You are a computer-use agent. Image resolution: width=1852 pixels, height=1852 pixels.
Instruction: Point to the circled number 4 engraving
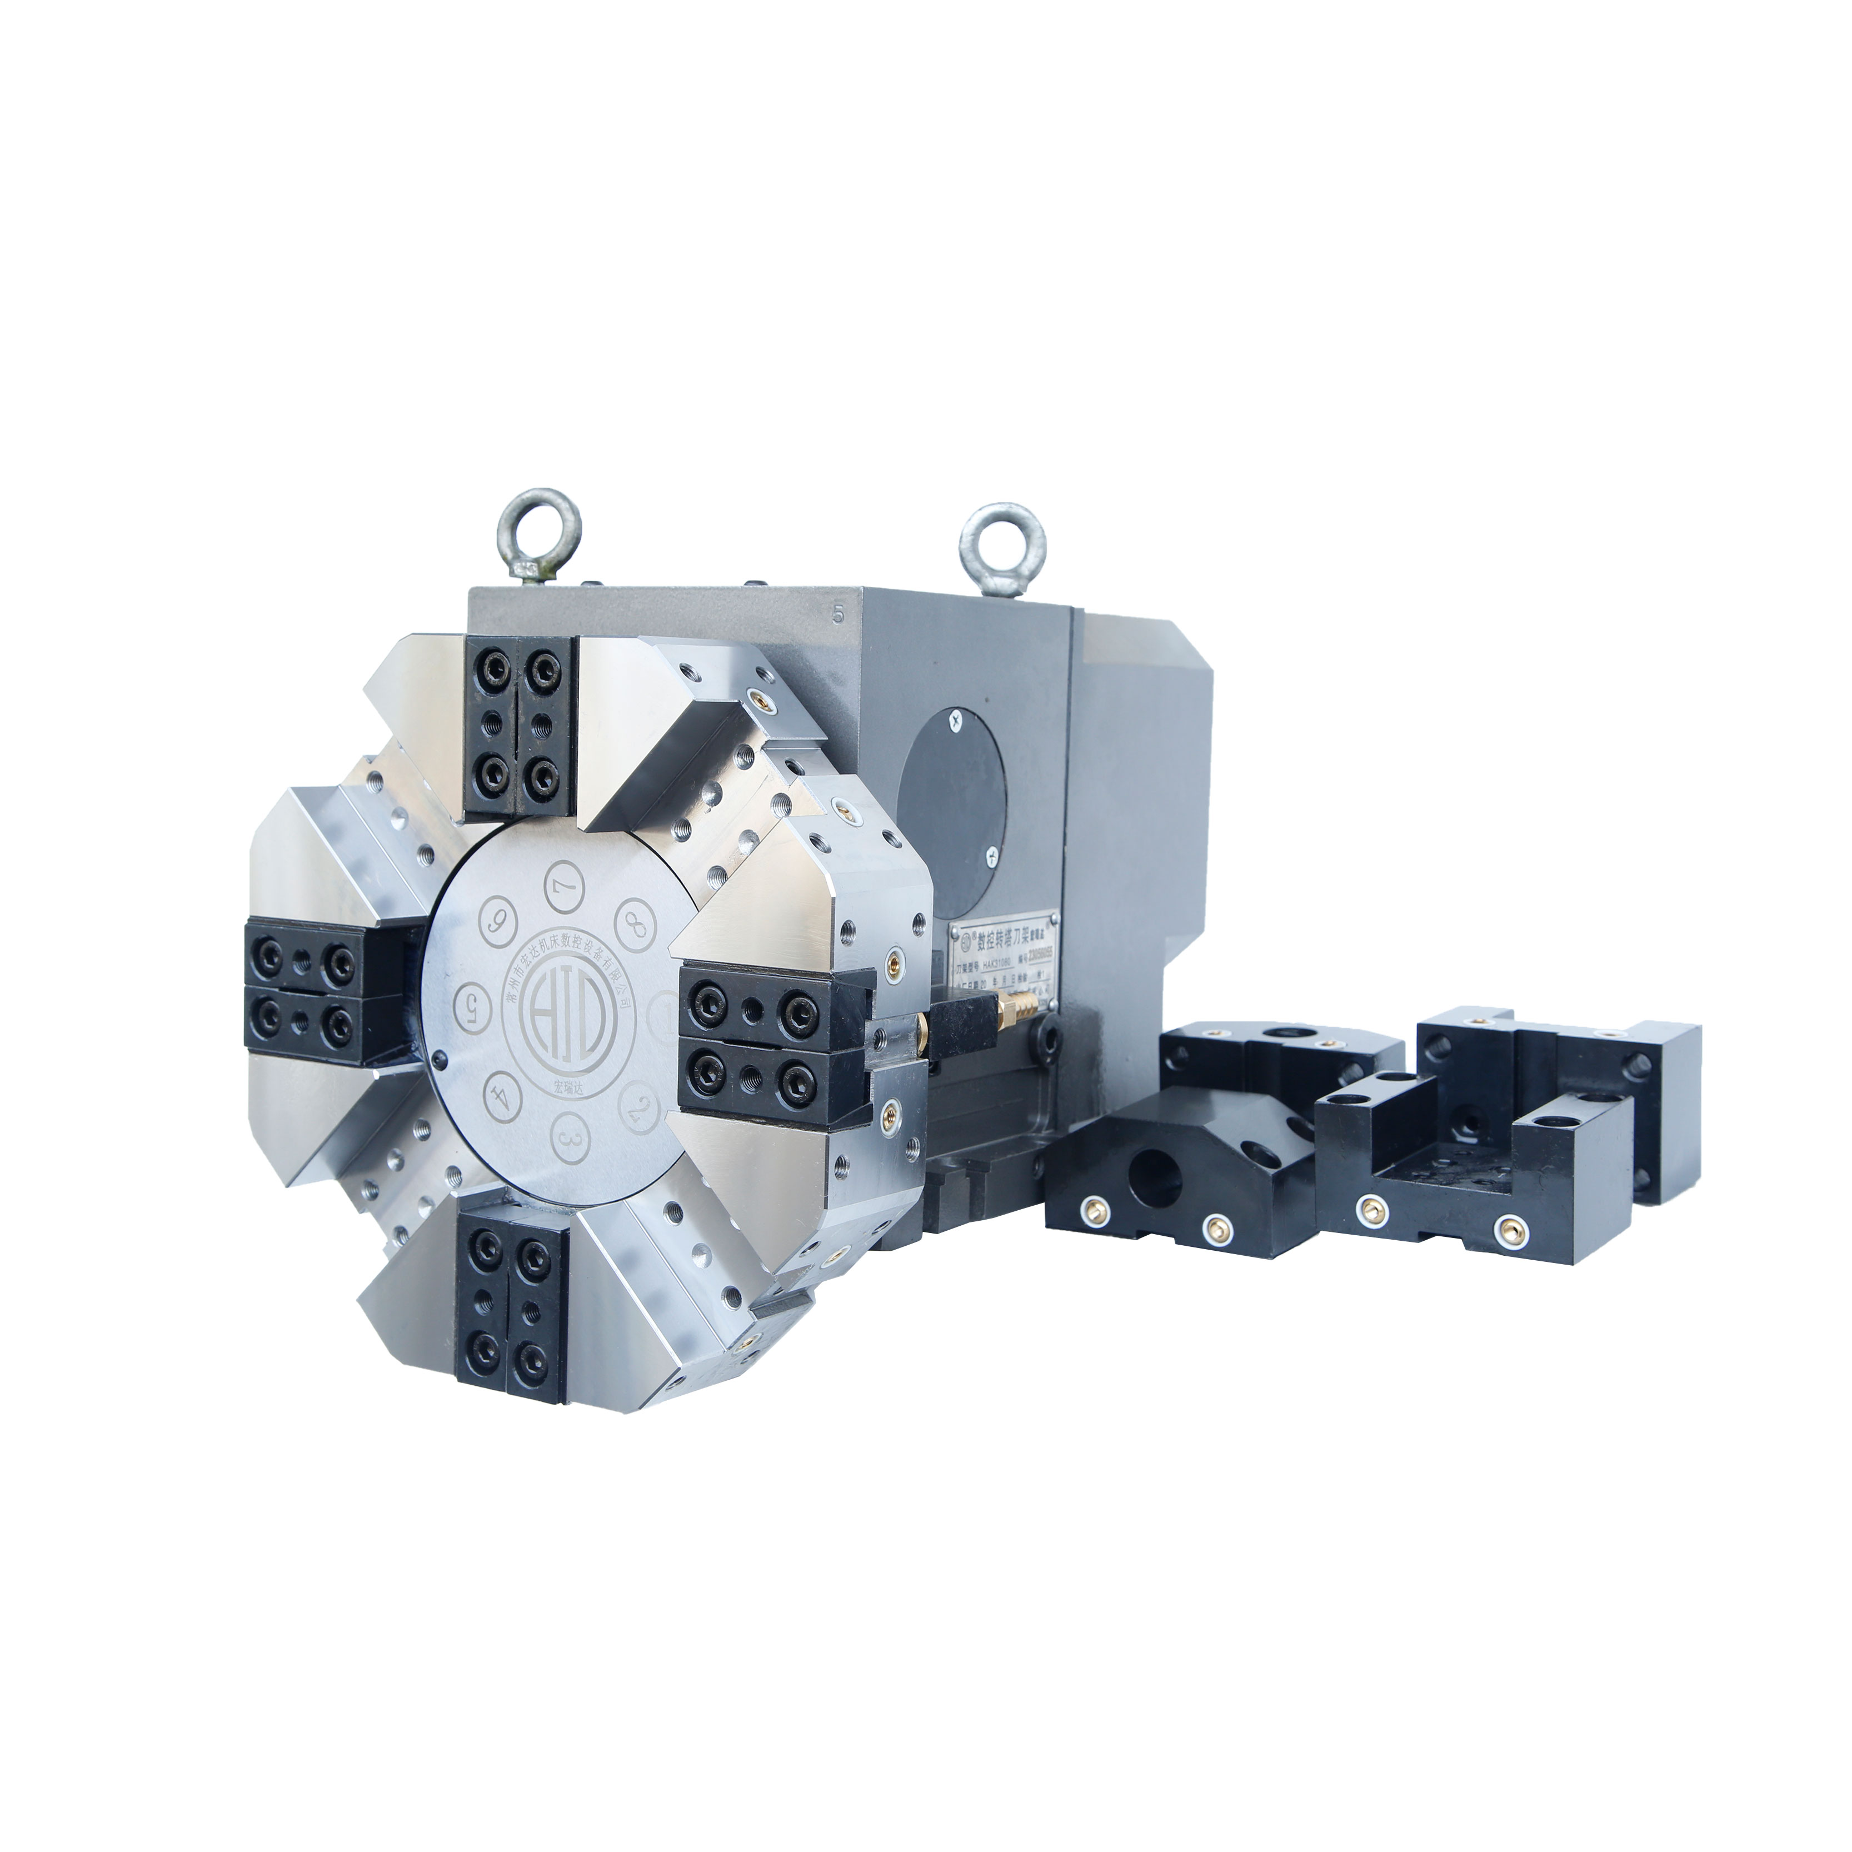497,1097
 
